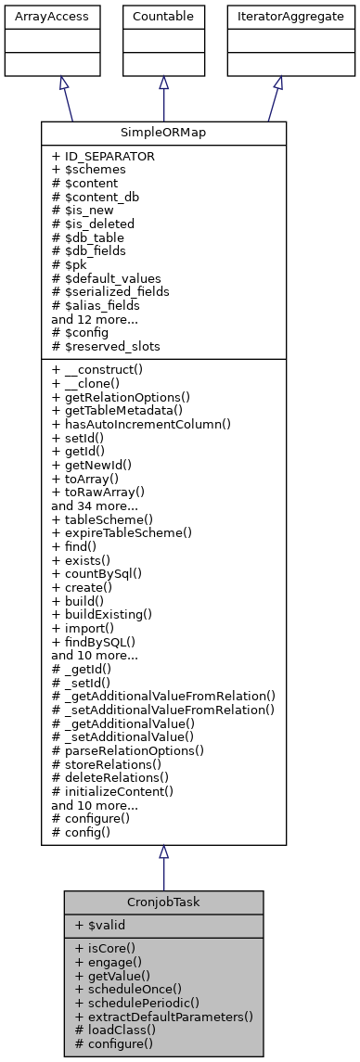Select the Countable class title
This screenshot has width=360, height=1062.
pyautogui.click(x=163, y=16)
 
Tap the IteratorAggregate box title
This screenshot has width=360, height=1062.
pyautogui.click(x=276, y=16)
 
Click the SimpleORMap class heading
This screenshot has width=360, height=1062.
pyautogui.click(x=163, y=133)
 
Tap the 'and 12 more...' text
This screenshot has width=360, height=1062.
pyautogui.click(x=94, y=318)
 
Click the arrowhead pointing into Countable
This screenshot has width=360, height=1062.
pyautogui.click(x=163, y=84)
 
